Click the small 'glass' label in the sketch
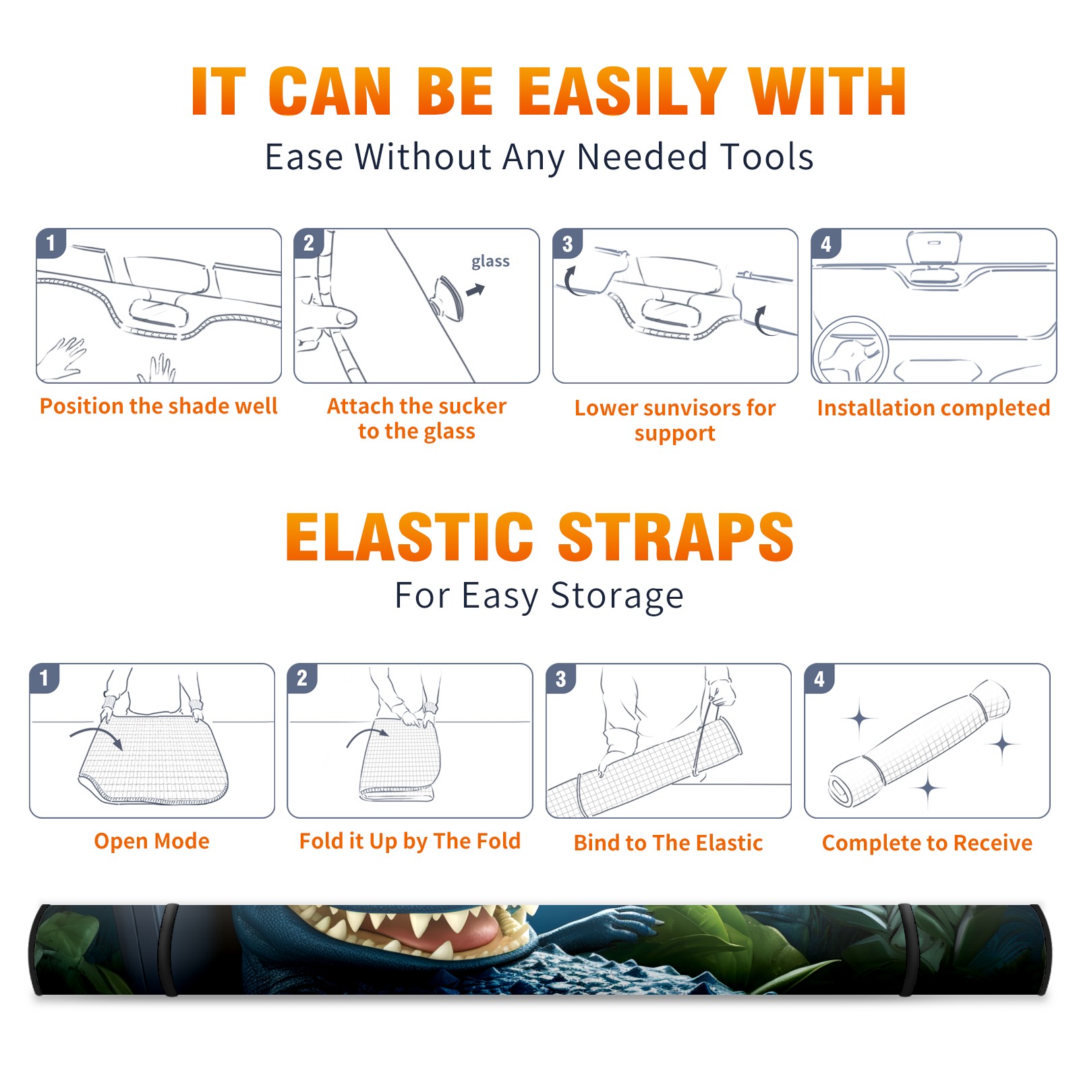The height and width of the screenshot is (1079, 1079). (x=490, y=262)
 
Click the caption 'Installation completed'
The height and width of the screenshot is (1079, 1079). (x=933, y=407)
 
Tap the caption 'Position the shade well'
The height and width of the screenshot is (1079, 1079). (x=158, y=406)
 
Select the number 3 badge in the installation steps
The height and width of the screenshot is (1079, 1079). (x=567, y=243)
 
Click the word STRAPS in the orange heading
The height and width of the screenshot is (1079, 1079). (x=676, y=537)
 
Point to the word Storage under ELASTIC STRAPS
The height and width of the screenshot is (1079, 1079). (x=617, y=596)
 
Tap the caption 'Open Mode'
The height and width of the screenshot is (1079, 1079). (x=152, y=841)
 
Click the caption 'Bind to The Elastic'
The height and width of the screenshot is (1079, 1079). (x=668, y=843)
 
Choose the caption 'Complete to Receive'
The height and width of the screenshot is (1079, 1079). (x=927, y=843)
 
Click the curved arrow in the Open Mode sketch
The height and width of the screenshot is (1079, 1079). (x=96, y=736)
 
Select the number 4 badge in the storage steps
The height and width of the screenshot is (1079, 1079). (x=819, y=678)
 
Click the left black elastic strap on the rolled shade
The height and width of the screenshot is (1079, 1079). (x=169, y=950)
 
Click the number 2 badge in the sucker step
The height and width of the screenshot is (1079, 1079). (x=308, y=243)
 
